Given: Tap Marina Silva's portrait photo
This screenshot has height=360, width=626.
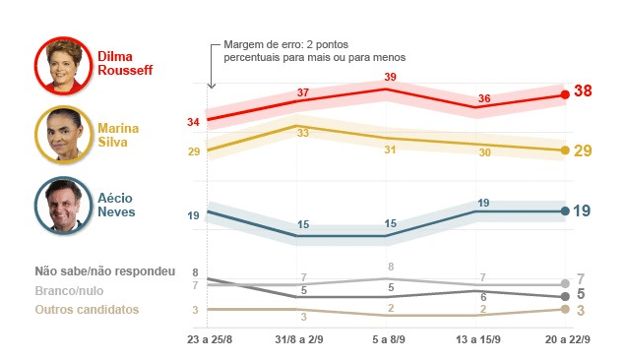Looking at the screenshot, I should pos(62,134).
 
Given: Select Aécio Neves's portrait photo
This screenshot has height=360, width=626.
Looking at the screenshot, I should pos(62,205).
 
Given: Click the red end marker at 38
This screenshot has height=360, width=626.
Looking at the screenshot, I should pos(565,94).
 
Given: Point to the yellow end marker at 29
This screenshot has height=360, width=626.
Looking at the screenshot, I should pos(565,150).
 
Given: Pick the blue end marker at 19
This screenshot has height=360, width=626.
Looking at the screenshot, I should pos(565,210).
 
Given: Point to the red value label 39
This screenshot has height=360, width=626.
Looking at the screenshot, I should pos(390,77).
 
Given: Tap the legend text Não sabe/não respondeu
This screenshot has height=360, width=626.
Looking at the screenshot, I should pos(104,270).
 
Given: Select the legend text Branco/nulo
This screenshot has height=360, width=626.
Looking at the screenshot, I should pos(69,290).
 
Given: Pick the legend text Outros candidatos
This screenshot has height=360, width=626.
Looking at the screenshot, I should pos(87,310).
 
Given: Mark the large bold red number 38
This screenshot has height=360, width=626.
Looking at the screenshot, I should pos(583,91).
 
